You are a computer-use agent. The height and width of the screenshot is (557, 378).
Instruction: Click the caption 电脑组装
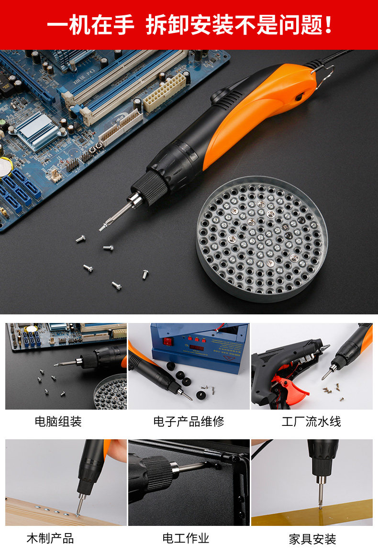tap(58, 421)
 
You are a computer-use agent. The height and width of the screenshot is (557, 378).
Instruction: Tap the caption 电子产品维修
tap(189, 421)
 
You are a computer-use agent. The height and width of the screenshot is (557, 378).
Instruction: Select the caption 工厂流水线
tap(311, 421)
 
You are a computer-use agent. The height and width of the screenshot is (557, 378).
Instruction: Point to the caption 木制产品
tap(50, 538)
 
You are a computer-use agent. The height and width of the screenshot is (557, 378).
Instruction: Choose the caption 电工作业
tap(186, 538)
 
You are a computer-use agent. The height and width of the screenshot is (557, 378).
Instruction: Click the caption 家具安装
tap(312, 539)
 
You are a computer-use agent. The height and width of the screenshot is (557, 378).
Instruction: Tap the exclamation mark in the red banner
tap(328, 25)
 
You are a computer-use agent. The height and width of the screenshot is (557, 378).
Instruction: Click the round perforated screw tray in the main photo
tap(262, 238)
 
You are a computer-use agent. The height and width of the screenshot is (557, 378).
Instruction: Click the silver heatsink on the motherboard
tap(36, 130)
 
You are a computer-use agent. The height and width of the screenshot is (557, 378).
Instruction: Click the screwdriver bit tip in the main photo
tap(102, 228)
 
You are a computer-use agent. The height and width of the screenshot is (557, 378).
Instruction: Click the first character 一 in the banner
tap(58, 25)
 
